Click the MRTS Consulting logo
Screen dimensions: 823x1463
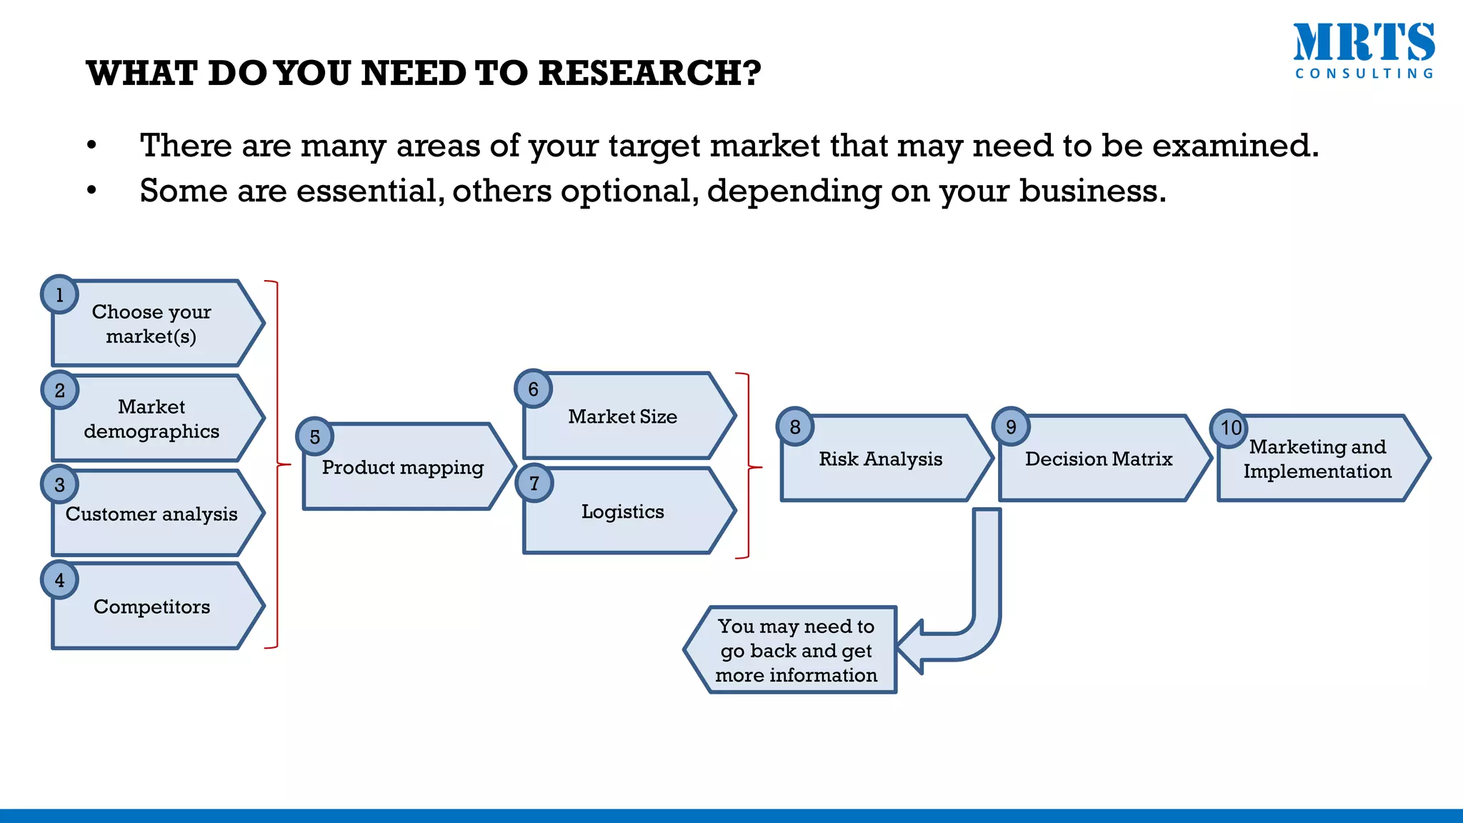click(1364, 51)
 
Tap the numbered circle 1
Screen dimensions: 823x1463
click(59, 294)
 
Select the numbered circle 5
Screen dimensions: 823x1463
click(315, 437)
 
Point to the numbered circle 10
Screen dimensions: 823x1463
click(1229, 428)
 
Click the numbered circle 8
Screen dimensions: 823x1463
click(795, 427)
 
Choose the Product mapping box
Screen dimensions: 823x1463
click(403, 468)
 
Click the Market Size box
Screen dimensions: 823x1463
click(623, 417)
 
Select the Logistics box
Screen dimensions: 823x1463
click(623, 512)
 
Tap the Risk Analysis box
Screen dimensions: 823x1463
click(881, 459)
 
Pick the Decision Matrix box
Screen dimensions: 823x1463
click(1099, 459)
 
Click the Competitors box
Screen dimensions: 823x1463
click(151, 607)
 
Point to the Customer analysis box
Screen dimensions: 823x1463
click(151, 514)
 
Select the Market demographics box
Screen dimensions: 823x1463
click(151, 419)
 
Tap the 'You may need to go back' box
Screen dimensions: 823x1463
click(796, 651)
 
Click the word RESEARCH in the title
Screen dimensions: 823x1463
click(649, 74)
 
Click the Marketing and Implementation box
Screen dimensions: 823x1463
click(1317, 459)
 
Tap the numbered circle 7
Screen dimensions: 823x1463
click(534, 484)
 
